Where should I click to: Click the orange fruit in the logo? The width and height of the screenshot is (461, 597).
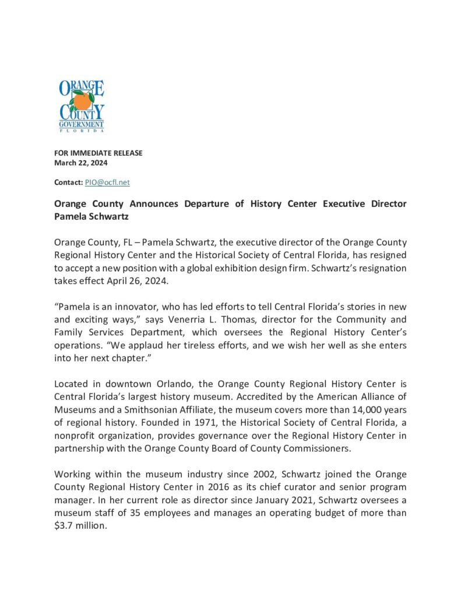83,101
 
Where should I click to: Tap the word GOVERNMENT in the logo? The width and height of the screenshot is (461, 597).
82,124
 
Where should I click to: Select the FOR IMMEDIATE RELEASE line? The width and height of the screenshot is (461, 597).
98,153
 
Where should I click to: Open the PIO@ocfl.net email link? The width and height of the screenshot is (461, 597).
107,182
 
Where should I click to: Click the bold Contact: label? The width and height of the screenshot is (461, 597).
68,182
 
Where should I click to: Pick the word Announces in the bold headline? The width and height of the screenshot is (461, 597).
153,203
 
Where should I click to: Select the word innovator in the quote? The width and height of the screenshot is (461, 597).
131,307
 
